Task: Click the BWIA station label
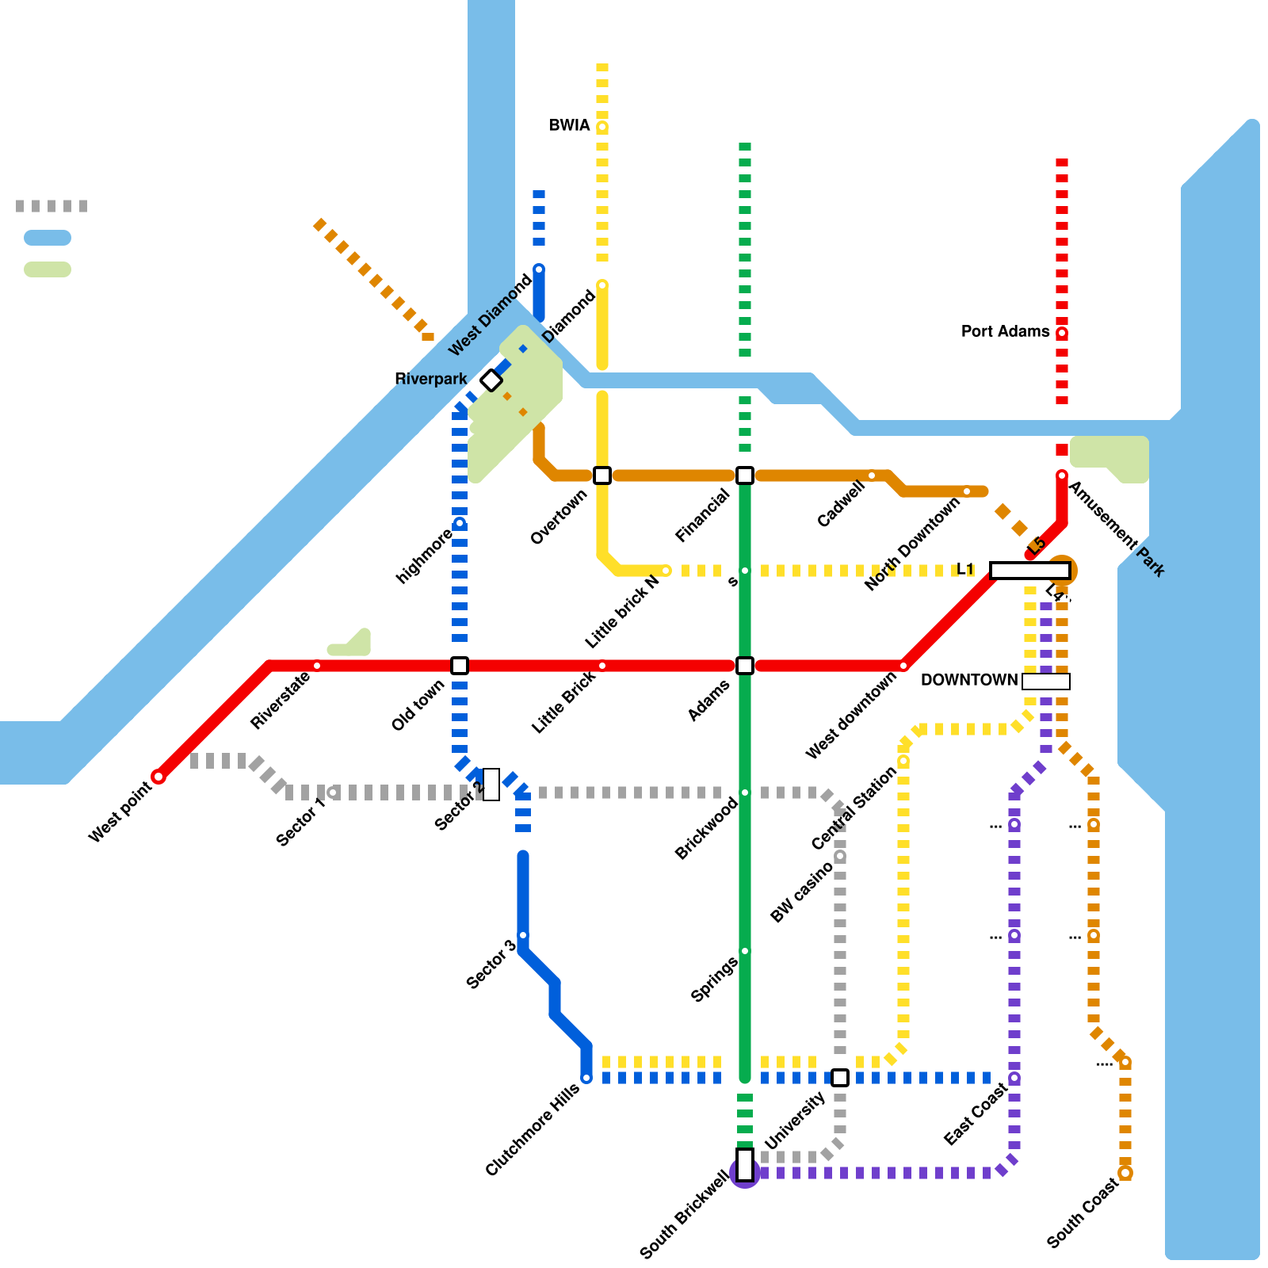[x=569, y=125]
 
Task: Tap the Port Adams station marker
[x=1062, y=333]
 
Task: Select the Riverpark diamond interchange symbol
[x=491, y=380]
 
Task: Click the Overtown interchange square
[x=602, y=475]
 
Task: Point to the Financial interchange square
[x=745, y=475]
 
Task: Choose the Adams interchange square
[x=745, y=666]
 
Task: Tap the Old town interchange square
[x=460, y=666]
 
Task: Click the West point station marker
[x=158, y=777]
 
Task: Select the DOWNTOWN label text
[x=968, y=680]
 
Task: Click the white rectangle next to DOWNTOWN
[x=1046, y=682]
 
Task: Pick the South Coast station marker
[x=1125, y=1173]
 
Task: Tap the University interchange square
[x=840, y=1078]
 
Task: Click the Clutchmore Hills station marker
[x=586, y=1078]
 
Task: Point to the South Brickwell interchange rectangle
[x=745, y=1165]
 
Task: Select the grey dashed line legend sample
[x=52, y=206]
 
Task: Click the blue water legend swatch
[x=48, y=238]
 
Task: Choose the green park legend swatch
[x=48, y=269]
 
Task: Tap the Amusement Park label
[x=1117, y=529]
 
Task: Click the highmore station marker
[x=460, y=523]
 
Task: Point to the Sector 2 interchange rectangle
[x=491, y=785]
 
